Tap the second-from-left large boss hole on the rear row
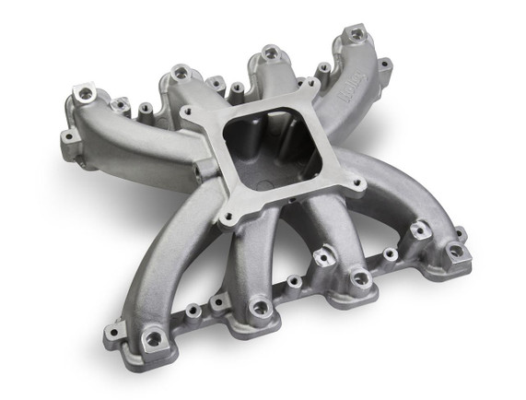tap(180, 72)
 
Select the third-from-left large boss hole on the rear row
tap(269, 53)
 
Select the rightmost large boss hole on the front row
tap(455, 250)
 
